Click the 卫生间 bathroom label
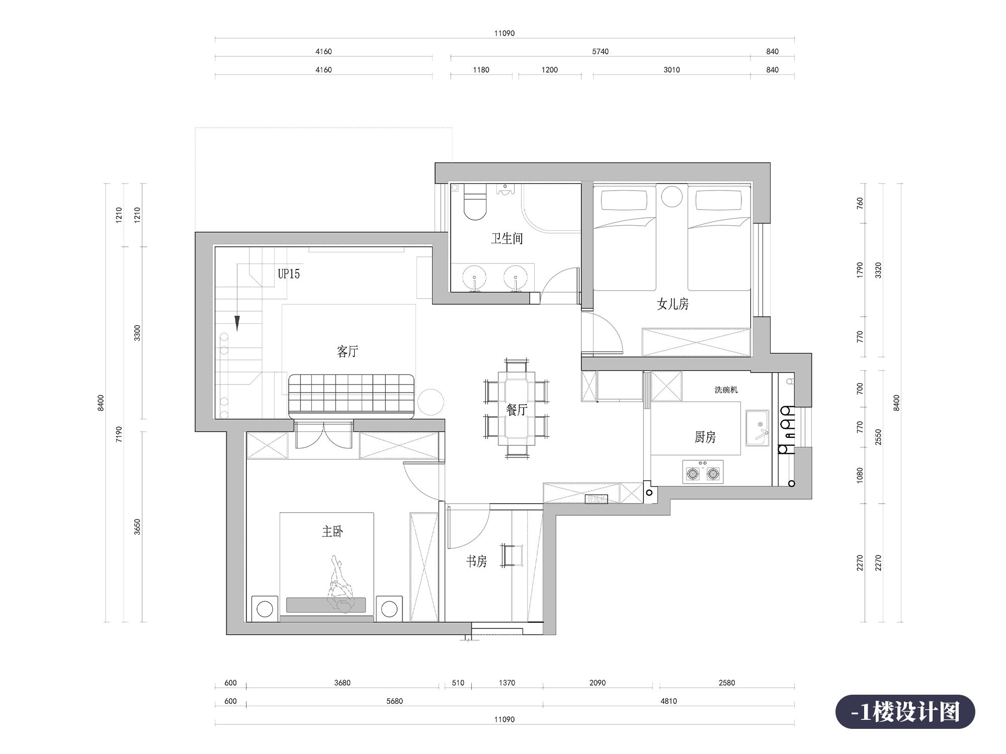[507, 238]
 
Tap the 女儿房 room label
[673, 304]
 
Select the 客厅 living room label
[348, 351]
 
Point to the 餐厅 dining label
[517, 410]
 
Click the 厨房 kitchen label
[705, 437]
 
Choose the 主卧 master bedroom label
[332, 531]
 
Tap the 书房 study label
[476, 561]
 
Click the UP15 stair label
[289, 273]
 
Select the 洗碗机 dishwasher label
[726, 390]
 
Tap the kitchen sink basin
[757, 428]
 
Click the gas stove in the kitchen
[703, 472]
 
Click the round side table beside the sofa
[431, 402]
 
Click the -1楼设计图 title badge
[905, 712]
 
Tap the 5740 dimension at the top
[600, 51]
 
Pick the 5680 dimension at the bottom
[394, 701]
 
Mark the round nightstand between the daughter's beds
[672, 197]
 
